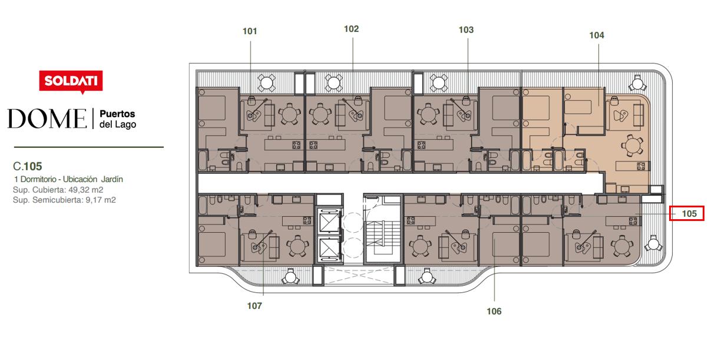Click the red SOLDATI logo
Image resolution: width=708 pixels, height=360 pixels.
(71, 81)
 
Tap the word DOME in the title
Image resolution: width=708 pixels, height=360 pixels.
(47, 118)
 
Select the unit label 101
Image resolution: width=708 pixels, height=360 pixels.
(250, 31)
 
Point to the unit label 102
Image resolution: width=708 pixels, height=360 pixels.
(351, 29)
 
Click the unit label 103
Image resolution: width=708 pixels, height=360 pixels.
(466, 30)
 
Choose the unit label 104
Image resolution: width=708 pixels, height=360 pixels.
(597, 35)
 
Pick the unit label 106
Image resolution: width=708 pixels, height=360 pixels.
(494, 312)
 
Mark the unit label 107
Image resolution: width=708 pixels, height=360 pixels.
(254, 306)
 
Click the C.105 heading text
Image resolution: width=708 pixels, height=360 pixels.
(28, 166)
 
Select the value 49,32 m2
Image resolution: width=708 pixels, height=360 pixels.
(85, 190)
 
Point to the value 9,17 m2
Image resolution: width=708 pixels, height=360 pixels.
(101, 200)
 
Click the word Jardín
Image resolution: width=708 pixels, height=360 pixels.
(112, 179)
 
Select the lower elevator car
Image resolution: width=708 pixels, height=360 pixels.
(329, 249)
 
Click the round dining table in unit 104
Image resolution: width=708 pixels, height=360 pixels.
(632, 146)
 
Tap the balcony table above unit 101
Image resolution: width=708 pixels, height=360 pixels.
(266, 83)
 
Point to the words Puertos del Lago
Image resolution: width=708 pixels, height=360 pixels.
(117, 119)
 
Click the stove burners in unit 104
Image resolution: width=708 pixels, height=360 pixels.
(641, 166)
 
